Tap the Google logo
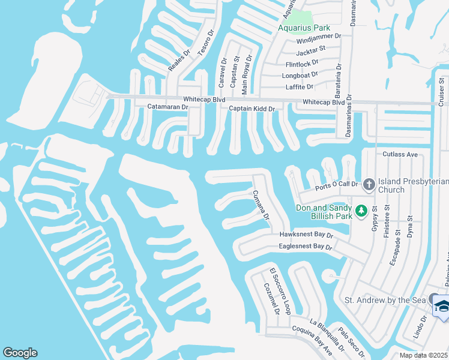(20, 353)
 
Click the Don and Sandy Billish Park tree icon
(361, 210)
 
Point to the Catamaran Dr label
(168, 107)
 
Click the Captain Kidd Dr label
(252, 109)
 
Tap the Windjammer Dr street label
(321, 37)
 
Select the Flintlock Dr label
(303, 62)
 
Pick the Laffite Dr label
(300, 87)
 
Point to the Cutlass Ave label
(400, 154)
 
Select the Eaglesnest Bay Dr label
(306, 247)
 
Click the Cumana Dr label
(261, 205)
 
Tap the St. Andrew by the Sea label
(384, 299)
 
